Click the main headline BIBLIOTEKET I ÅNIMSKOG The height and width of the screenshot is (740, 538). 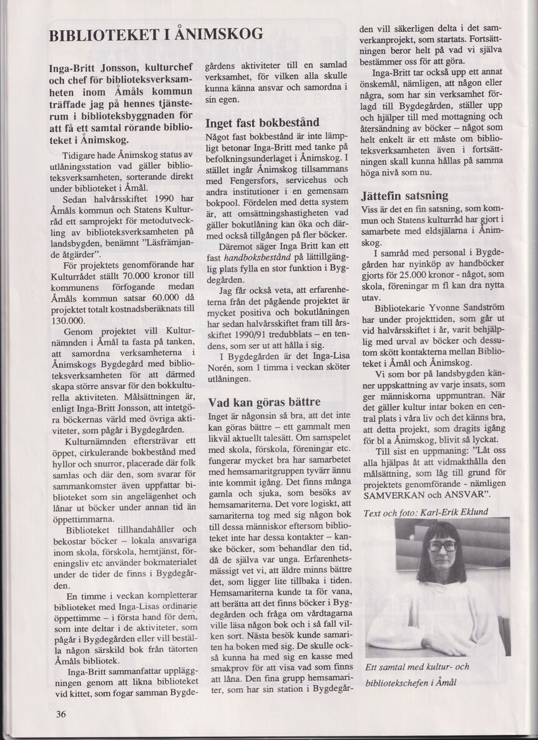coord(156,34)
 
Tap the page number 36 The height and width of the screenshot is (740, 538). coord(61,714)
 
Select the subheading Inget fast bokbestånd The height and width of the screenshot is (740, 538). coord(262,122)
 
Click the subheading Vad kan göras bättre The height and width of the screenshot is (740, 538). coord(264,402)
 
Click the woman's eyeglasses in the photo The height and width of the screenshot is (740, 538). coord(442,545)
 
